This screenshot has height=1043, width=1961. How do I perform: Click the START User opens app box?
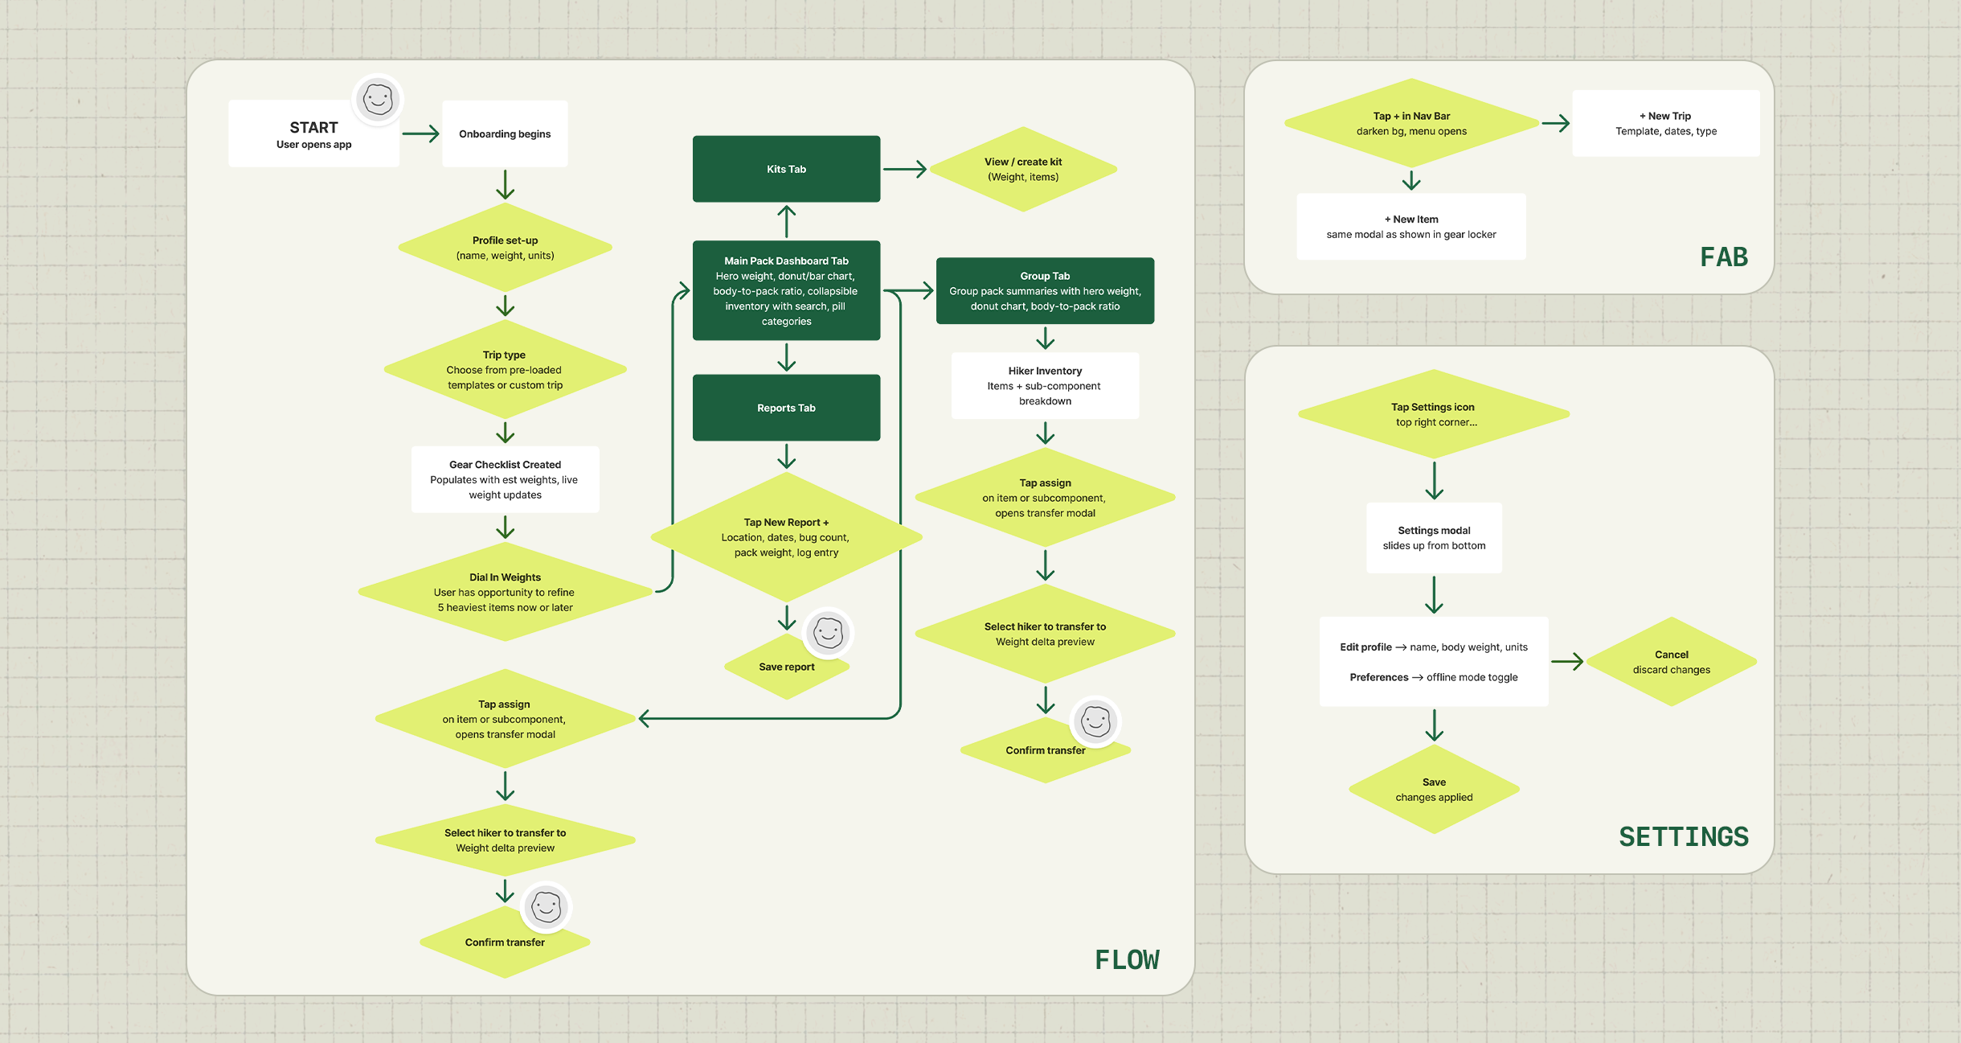[313, 133]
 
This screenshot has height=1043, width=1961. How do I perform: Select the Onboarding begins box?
[505, 133]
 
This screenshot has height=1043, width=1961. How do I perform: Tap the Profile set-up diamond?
[505, 248]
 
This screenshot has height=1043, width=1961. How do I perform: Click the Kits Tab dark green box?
[786, 169]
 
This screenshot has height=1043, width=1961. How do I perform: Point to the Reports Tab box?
[786, 408]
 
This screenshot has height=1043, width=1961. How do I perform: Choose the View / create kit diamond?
[1023, 169]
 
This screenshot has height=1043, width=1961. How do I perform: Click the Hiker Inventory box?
[1045, 386]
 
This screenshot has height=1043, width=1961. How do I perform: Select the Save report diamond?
[786, 667]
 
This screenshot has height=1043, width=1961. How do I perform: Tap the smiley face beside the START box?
[378, 100]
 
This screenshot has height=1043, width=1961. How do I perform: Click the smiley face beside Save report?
[828, 633]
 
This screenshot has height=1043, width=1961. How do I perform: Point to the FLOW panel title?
[1127, 959]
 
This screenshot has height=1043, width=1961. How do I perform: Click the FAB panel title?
[1724, 257]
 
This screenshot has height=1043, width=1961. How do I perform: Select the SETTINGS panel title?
[1684, 836]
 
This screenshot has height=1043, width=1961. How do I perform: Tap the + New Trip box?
[1666, 123]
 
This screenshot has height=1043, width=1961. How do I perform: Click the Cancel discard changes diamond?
[1672, 662]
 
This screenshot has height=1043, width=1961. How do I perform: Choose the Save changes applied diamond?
[1434, 789]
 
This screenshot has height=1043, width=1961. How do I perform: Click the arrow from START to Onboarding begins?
[420, 133]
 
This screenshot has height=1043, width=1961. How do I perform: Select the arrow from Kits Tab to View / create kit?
[905, 169]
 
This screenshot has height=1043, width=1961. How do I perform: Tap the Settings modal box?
[1434, 538]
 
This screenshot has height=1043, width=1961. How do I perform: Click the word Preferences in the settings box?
[1378, 677]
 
